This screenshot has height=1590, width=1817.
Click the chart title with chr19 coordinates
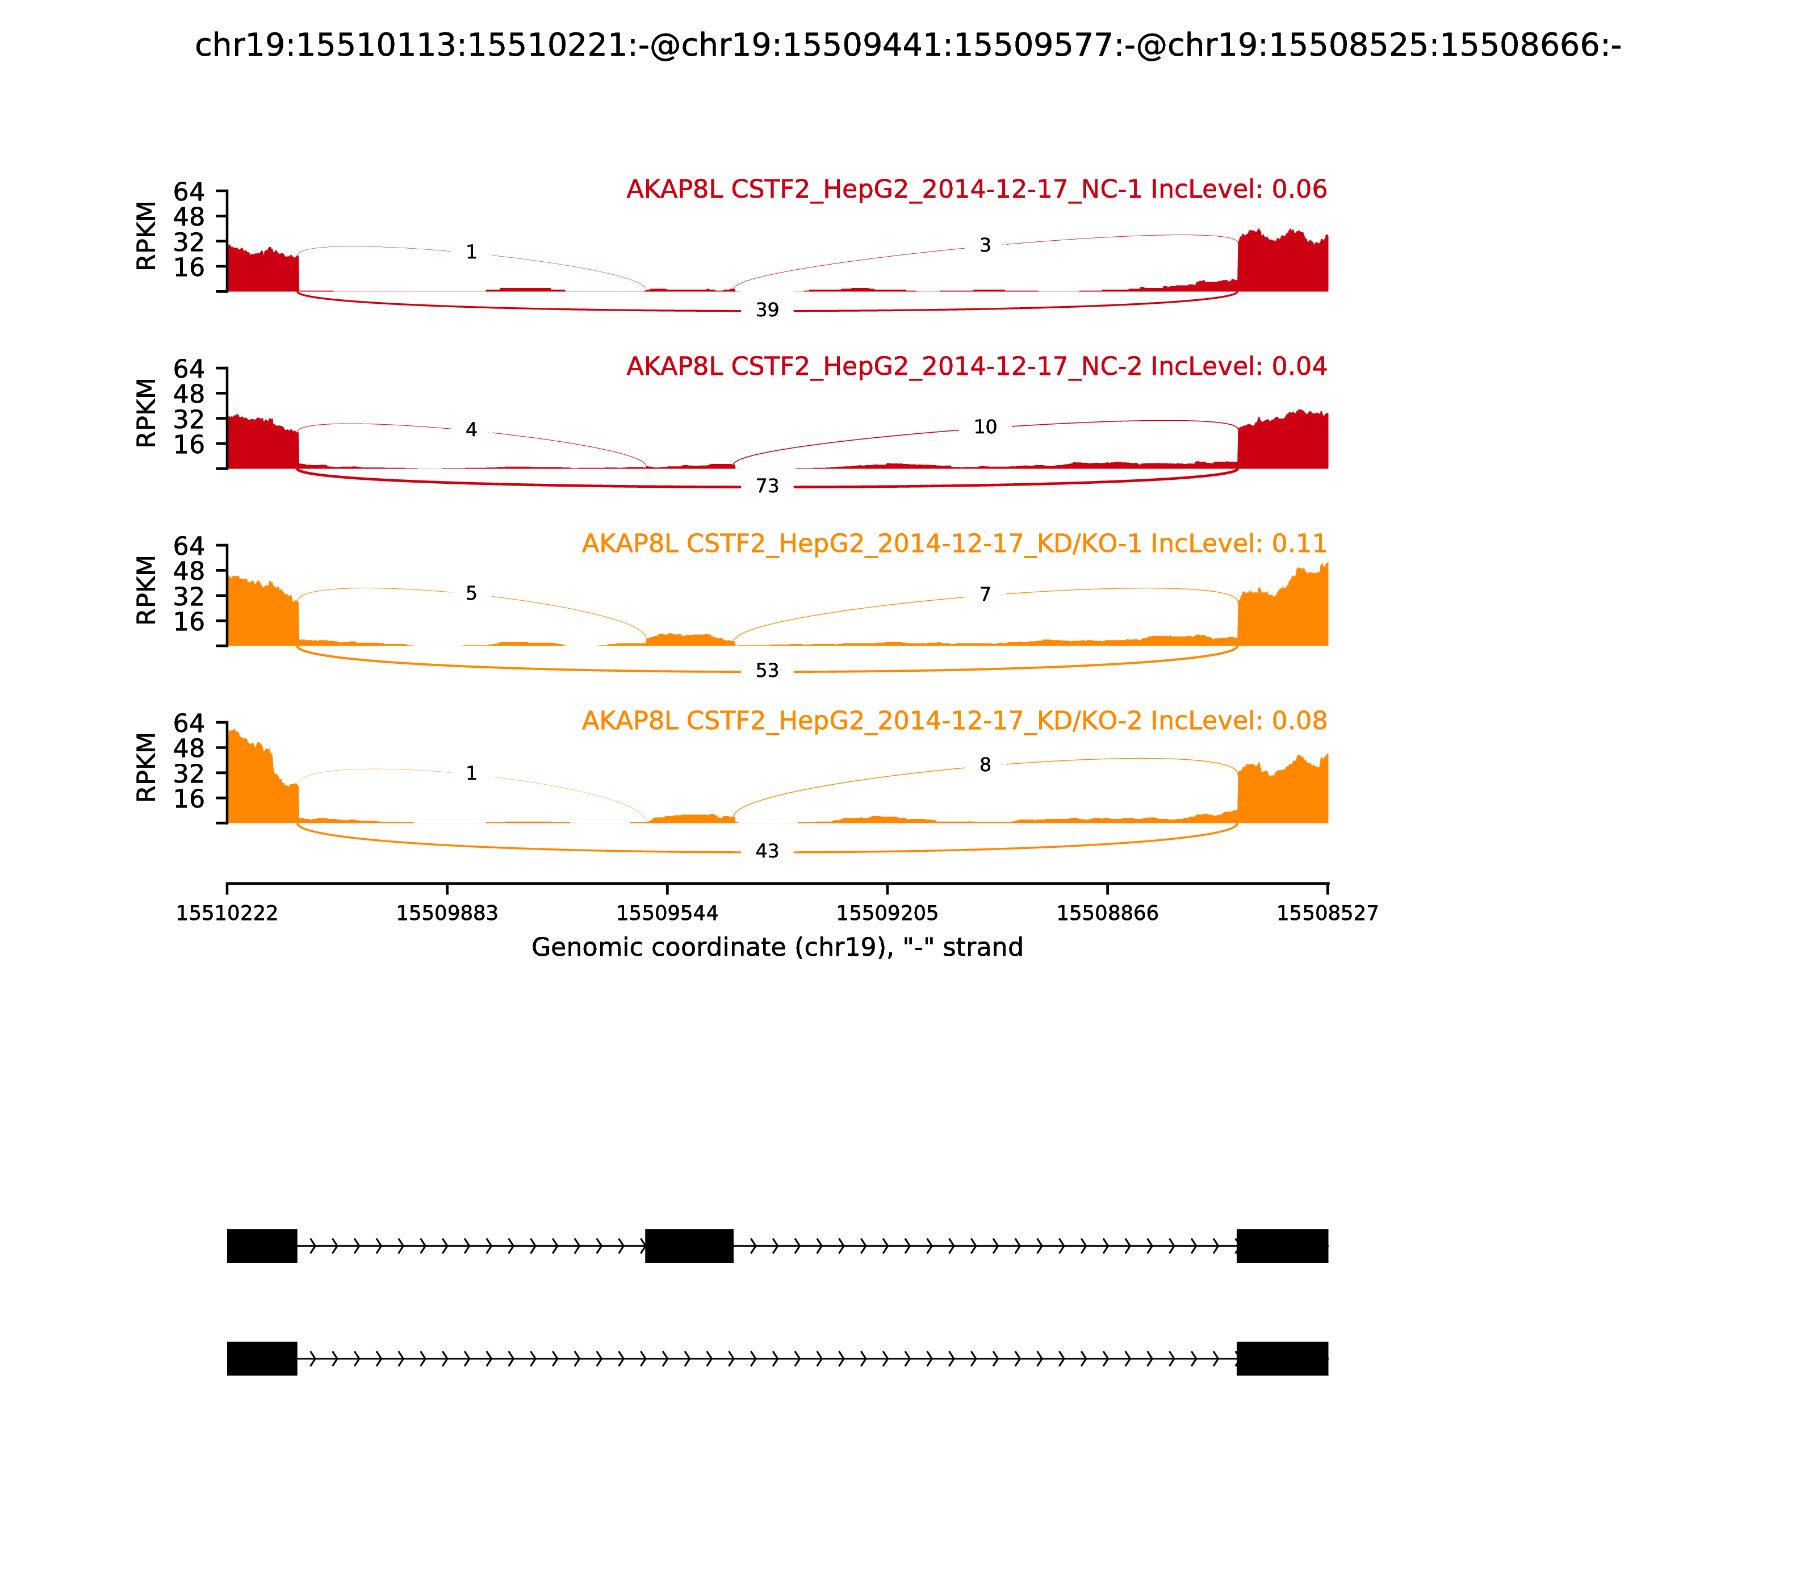coord(907,45)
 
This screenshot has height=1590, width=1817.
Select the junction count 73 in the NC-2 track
coord(767,486)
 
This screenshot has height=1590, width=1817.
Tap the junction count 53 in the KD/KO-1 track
coord(767,671)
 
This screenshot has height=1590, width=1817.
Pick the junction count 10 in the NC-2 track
coord(985,428)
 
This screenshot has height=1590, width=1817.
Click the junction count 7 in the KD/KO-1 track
coord(985,595)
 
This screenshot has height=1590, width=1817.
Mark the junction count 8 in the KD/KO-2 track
coord(985,765)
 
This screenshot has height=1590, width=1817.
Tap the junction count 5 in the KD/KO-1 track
coord(471,593)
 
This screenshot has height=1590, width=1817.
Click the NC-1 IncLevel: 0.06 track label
coord(976,190)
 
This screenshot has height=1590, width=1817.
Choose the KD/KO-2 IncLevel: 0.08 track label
coord(954,721)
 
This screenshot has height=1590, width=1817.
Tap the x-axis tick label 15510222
coord(227,914)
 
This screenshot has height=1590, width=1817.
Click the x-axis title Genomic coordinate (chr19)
coord(777,948)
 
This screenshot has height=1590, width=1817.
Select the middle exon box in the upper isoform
coord(689,1246)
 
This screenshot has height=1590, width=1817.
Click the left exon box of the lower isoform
coord(262,1358)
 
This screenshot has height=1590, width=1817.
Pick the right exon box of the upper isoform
coord(1282,1246)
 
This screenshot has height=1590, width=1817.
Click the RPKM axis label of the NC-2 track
coord(146,413)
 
